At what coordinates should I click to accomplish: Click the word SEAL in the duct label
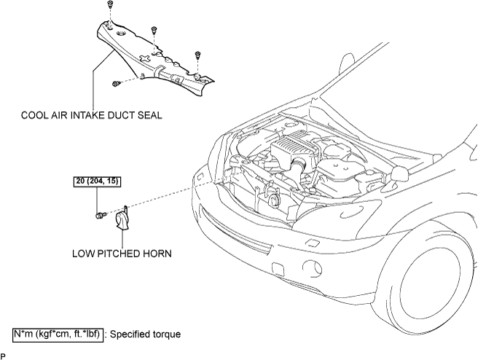150,115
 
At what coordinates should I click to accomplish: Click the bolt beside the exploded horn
101,215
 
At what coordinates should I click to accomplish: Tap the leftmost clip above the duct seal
110,4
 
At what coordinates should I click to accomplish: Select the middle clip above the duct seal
154,30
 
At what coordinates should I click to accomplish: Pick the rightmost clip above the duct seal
197,55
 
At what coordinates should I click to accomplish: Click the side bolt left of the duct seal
117,84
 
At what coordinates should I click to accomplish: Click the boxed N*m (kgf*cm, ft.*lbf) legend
58,334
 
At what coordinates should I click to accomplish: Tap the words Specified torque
145,334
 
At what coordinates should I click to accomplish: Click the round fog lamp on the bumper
312,267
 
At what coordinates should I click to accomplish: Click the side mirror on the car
400,173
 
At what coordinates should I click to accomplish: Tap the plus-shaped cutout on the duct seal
145,58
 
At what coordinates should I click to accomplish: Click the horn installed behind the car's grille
274,201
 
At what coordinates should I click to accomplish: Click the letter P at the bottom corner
3,356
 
